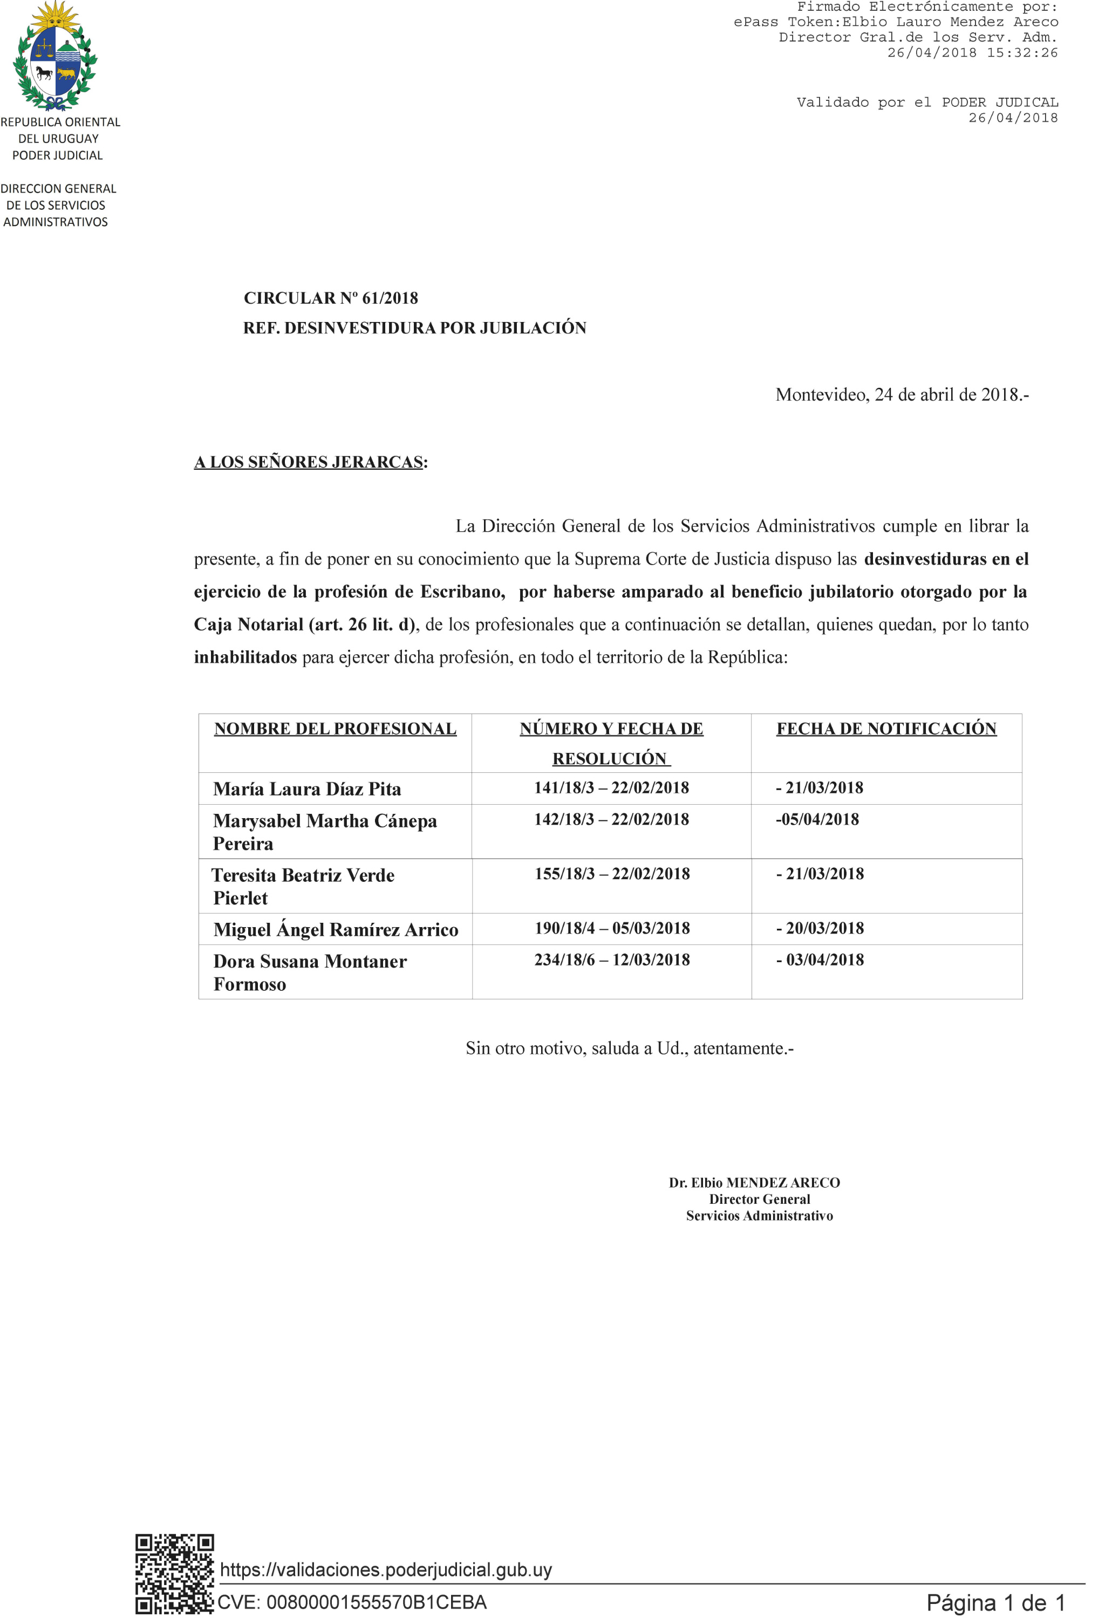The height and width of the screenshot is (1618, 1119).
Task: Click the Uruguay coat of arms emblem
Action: pos(56,56)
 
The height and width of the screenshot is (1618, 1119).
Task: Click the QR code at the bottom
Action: pos(175,1574)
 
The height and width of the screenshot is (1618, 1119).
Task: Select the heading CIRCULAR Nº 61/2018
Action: pos(330,298)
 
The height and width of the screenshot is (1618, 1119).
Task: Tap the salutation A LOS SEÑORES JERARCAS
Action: pos(309,463)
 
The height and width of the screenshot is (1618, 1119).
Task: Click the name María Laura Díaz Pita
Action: pos(307,790)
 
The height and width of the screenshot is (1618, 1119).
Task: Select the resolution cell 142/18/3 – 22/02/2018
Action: pos(611,820)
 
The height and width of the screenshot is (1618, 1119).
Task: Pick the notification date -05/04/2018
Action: pos(817,820)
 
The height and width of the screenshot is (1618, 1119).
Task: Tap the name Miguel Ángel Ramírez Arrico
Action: pos(336,930)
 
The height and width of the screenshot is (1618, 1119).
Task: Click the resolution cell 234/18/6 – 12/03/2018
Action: pos(611,960)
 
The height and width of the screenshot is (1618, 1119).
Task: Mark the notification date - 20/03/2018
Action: pos(820,929)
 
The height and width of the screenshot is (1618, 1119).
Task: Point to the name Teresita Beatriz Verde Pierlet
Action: pos(303,887)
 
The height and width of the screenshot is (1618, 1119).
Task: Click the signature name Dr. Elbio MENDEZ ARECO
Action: pos(754,1183)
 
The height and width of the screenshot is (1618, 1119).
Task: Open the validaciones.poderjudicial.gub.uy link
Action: pos(386,1569)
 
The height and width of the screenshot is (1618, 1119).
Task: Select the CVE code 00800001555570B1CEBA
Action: pos(352,1602)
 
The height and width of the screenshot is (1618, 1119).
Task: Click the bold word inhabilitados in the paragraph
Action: pos(245,657)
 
